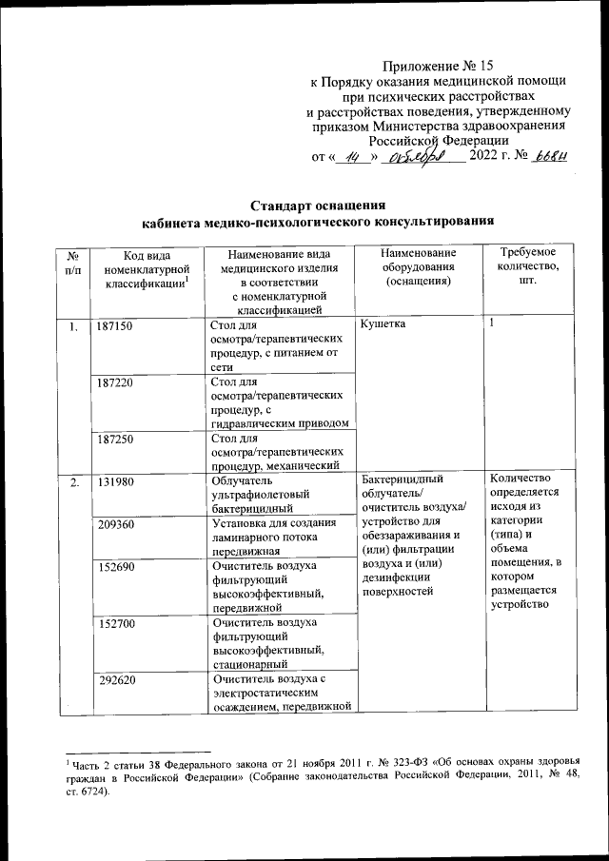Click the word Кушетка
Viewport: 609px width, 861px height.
point(383,326)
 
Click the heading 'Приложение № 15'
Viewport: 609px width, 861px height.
point(439,66)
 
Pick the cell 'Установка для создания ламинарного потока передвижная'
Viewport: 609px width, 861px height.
point(276,537)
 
